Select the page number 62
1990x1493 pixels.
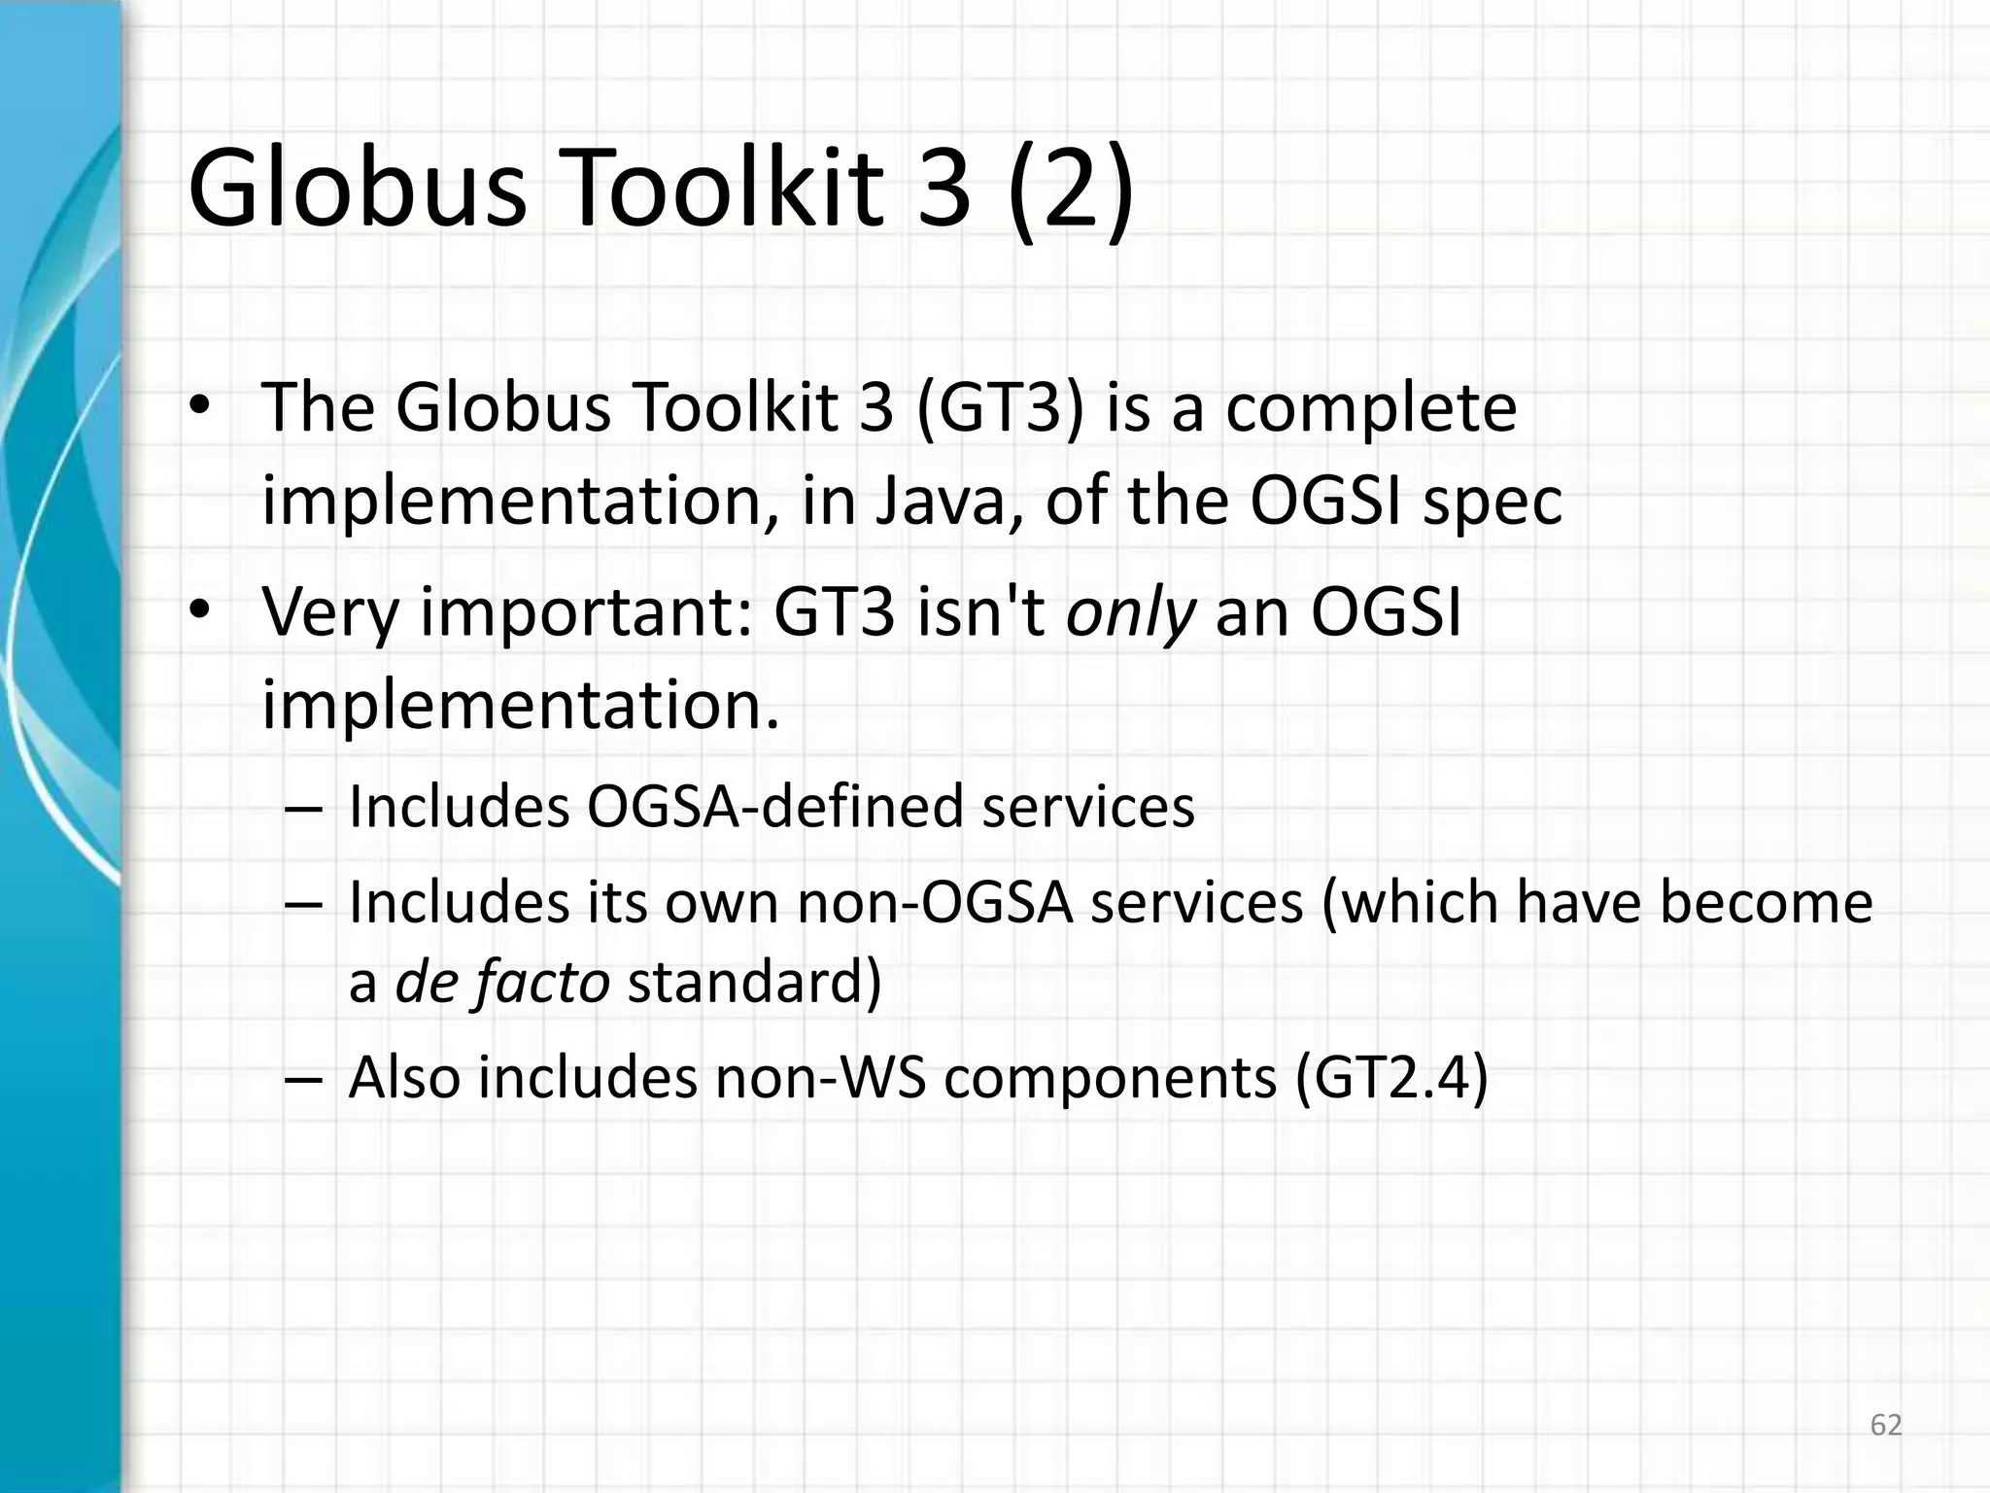1886,1425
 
